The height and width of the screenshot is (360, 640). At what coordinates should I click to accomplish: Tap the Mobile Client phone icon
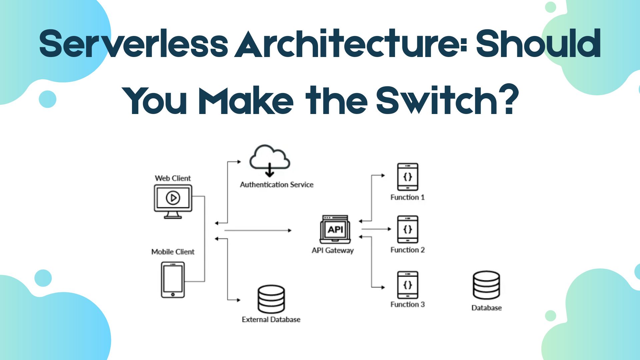click(173, 279)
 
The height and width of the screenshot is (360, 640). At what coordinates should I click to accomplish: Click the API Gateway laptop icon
click(335, 229)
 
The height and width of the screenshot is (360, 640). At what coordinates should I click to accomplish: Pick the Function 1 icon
click(407, 177)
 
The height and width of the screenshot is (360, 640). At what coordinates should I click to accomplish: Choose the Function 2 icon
click(407, 229)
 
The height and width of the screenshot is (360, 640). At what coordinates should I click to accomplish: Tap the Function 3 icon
click(407, 285)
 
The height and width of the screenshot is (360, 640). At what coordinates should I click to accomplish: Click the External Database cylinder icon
click(271, 299)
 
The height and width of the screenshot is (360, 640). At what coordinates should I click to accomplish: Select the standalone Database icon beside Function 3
click(486, 285)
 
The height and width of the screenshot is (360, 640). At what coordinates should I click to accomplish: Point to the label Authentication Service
click(277, 185)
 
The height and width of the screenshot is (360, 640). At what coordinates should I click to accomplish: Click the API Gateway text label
click(333, 250)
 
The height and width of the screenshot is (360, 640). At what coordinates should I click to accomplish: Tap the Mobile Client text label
click(173, 252)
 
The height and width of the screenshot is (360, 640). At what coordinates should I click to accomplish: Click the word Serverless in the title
click(133, 43)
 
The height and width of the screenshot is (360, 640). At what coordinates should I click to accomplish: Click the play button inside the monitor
click(173, 198)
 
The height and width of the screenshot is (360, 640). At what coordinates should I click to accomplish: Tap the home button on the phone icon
click(173, 294)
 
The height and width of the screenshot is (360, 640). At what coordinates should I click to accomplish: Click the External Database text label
click(271, 319)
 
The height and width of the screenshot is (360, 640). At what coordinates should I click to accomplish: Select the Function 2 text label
click(407, 250)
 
